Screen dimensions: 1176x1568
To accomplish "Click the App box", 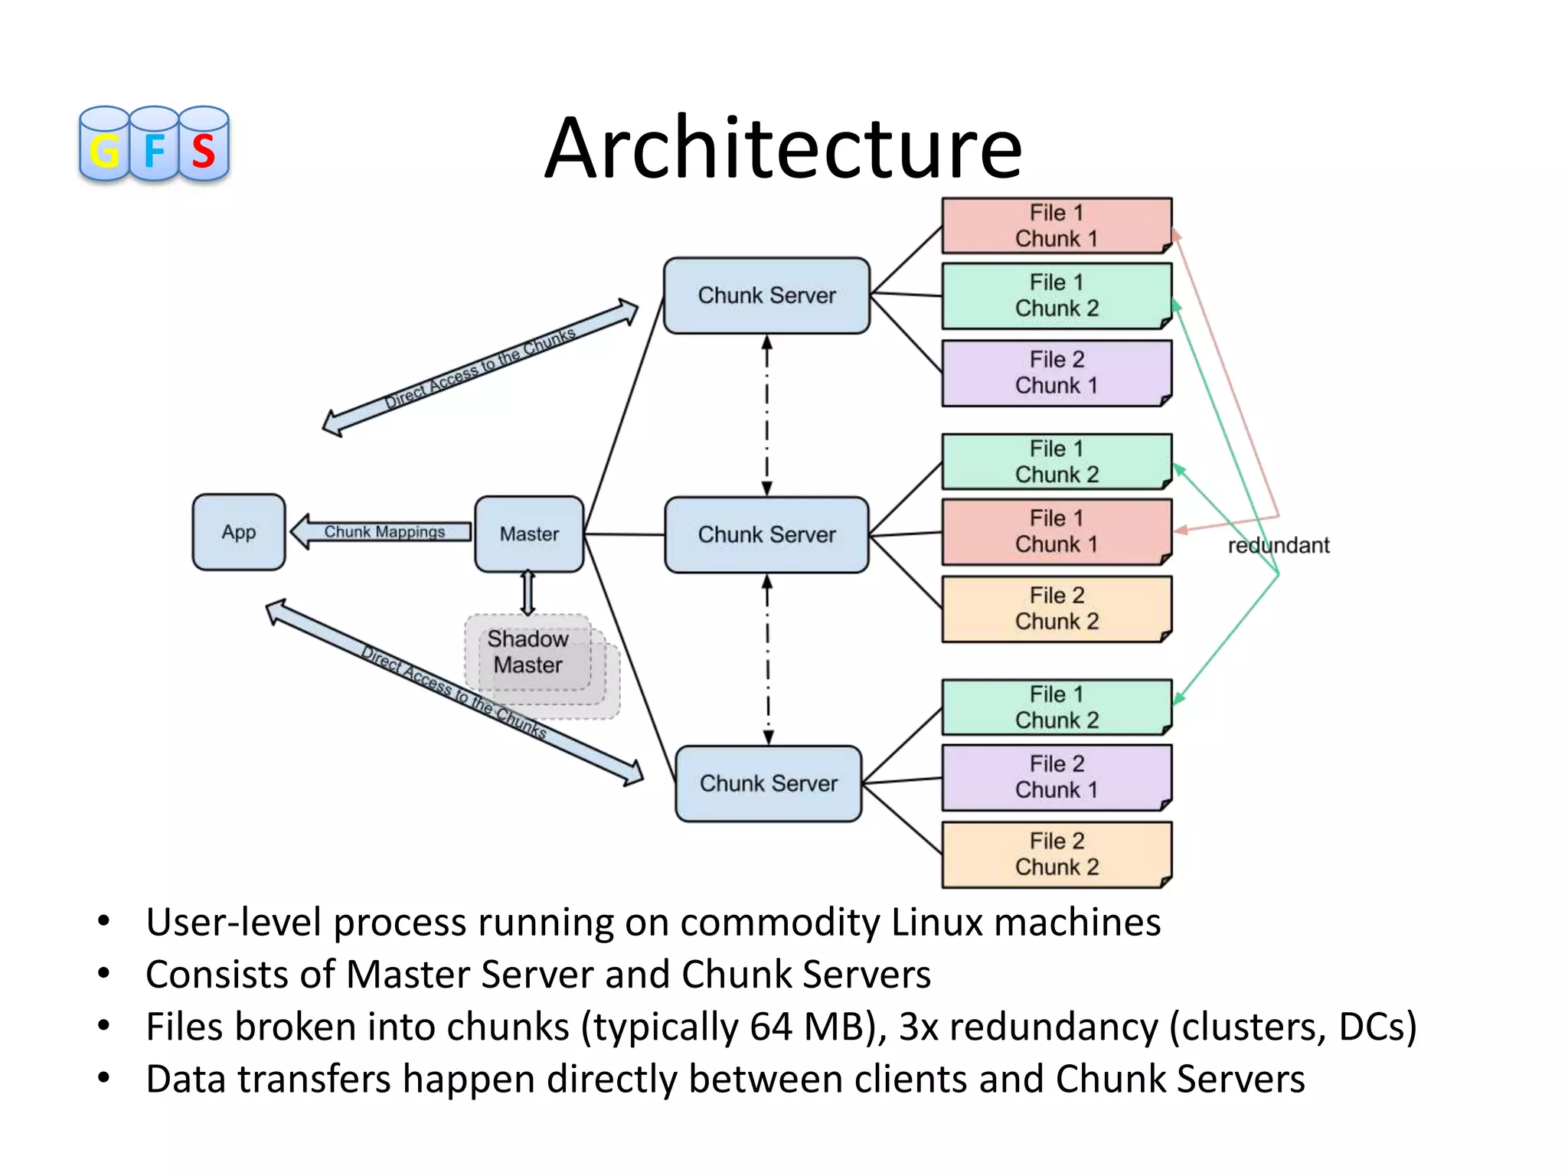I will click(x=239, y=532).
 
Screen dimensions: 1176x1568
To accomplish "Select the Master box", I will click(x=529, y=534).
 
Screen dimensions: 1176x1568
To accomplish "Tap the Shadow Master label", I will click(x=528, y=652).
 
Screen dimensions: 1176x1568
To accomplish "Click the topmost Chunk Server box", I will click(x=766, y=296).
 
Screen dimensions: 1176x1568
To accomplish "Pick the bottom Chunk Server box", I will click(x=769, y=783).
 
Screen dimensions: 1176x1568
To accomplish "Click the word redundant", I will click(x=1278, y=545).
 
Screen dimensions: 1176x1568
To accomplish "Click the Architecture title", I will click(x=783, y=148).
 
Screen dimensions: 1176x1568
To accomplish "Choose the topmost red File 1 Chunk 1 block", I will click(x=1056, y=226).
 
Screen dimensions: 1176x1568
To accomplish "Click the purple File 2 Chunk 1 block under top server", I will click(x=1056, y=373).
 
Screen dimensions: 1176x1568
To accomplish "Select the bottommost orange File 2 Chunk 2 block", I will click(x=1056, y=854).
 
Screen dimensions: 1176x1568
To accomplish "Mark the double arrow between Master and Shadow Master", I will click(x=528, y=593).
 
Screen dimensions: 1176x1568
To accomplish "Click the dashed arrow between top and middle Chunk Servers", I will click(x=766, y=415).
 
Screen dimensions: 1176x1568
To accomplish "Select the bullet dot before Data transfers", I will click(x=103, y=1078).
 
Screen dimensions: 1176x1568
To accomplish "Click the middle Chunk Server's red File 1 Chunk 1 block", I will click(x=1056, y=532).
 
